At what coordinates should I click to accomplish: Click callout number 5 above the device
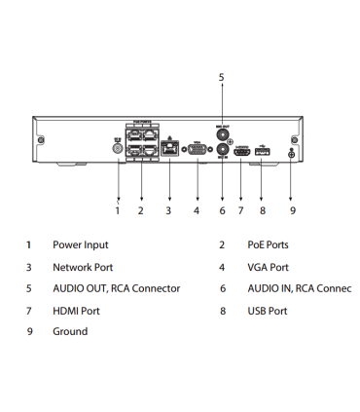point(221,76)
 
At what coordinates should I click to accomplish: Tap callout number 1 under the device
point(118,210)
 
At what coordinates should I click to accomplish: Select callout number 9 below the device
point(293,210)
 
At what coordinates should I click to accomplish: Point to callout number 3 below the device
point(167,210)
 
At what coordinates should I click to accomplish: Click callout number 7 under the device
point(240,210)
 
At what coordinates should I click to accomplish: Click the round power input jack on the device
point(118,149)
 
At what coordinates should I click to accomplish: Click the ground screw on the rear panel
point(293,151)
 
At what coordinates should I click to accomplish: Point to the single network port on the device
point(169,150)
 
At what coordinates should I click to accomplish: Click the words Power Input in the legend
point(80,245)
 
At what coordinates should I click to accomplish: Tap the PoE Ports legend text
point(268,245)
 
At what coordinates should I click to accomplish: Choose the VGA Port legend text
point(268,267)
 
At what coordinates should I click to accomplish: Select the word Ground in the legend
point(69,332)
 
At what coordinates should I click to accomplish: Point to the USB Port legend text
point(267,311)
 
